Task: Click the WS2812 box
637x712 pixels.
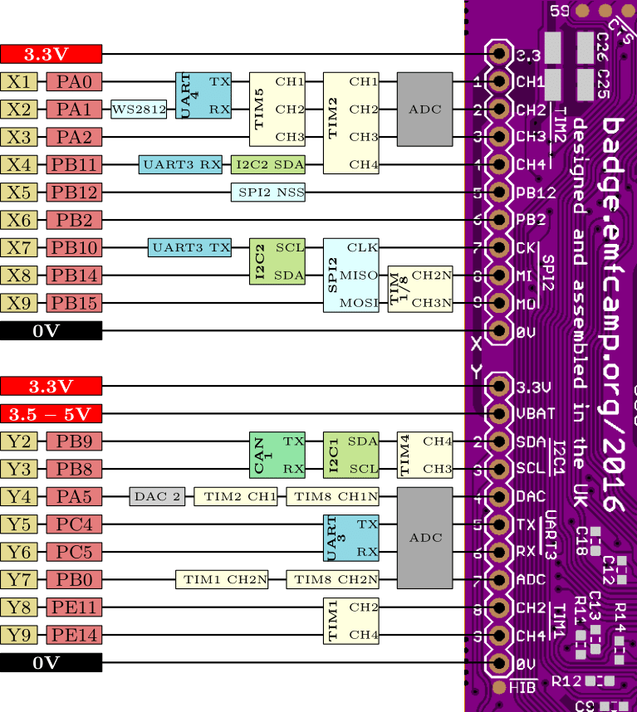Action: (x=139, y=110)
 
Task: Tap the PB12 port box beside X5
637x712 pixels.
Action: (x=74, y=193)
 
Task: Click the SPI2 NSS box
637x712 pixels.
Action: (x=268, y=193)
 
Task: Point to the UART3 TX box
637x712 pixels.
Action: (x=189, y=247)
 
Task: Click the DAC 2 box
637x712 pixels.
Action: (x=157, y=497)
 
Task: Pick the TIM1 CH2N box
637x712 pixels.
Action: (x=222, y=579)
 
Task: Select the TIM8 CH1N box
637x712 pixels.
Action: (x=332, y=497)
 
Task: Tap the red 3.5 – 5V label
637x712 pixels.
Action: (x=51, y=413)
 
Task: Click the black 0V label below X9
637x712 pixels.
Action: (x=51, y=331)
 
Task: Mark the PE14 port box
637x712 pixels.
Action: (x=74, y=636)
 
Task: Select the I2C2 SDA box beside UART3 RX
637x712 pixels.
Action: (x=268, y=164)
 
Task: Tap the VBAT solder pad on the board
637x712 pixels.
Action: (x=499, y=413)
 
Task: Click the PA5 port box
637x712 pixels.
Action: (x=74, y=497)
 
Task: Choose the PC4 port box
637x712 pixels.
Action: (x=74, y=524)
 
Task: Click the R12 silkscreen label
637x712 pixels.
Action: (x=565, y=681)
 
